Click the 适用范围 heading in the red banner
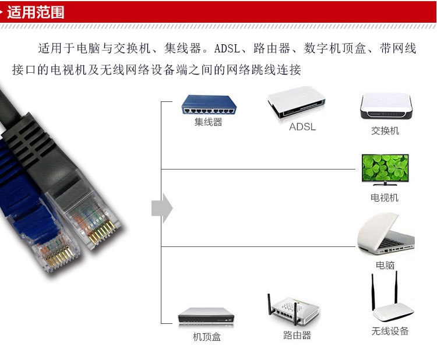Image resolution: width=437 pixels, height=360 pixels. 36,12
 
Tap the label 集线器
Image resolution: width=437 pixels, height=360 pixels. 208,122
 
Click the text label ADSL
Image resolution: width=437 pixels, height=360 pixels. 302,126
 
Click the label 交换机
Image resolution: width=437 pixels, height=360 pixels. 385,130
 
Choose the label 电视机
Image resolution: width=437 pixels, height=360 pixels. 385,197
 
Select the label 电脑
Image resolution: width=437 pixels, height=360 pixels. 385,265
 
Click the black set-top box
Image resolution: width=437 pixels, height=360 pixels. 206,316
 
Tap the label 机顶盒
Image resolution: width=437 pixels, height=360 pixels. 207,337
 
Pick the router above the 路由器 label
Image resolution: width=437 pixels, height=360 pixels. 295,312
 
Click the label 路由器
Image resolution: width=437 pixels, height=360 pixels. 297,336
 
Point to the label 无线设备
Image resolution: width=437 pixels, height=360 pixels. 390,331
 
